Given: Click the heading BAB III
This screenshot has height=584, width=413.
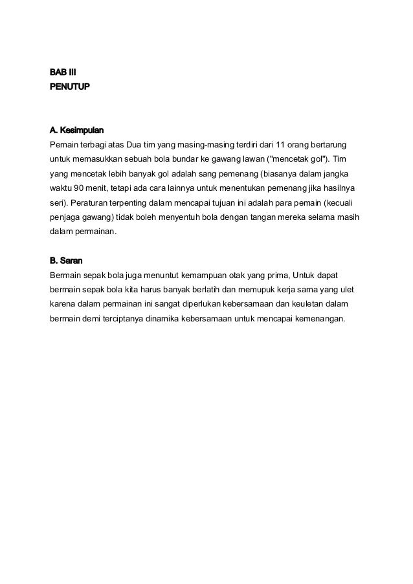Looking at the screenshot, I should (63, 71).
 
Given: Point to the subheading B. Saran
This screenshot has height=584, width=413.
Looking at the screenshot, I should (65, 262).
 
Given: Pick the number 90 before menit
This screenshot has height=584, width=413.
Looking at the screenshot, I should (79, 188).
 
